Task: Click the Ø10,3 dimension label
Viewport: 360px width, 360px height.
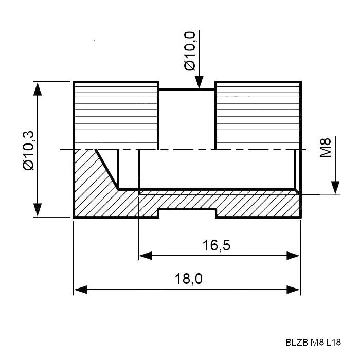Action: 29,150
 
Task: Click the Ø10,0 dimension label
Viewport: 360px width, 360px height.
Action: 190,51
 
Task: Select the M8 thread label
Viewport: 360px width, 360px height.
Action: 326,148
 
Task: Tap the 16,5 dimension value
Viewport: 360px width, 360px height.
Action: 217,245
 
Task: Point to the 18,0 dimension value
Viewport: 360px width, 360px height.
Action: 189,279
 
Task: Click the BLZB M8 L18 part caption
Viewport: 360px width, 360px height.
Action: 313,343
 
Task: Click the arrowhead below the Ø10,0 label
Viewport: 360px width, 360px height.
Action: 199,82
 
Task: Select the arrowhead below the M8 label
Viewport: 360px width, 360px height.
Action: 335,188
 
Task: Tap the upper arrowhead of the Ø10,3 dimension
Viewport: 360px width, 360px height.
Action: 38,88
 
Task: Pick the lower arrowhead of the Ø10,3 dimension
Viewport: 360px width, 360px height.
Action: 38,210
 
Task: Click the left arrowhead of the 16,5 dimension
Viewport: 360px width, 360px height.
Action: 146,256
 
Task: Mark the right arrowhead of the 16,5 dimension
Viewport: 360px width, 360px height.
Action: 293,256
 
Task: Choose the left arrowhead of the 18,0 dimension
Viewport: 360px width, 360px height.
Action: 81,290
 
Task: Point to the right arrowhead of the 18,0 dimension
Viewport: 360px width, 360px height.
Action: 293,290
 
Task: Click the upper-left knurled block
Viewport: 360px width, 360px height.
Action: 116,116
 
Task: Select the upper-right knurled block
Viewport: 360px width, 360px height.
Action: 258,116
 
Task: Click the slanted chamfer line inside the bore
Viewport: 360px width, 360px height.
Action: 107,170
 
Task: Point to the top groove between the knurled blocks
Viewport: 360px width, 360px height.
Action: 187,89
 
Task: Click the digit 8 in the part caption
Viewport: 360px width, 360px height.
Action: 321,343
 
